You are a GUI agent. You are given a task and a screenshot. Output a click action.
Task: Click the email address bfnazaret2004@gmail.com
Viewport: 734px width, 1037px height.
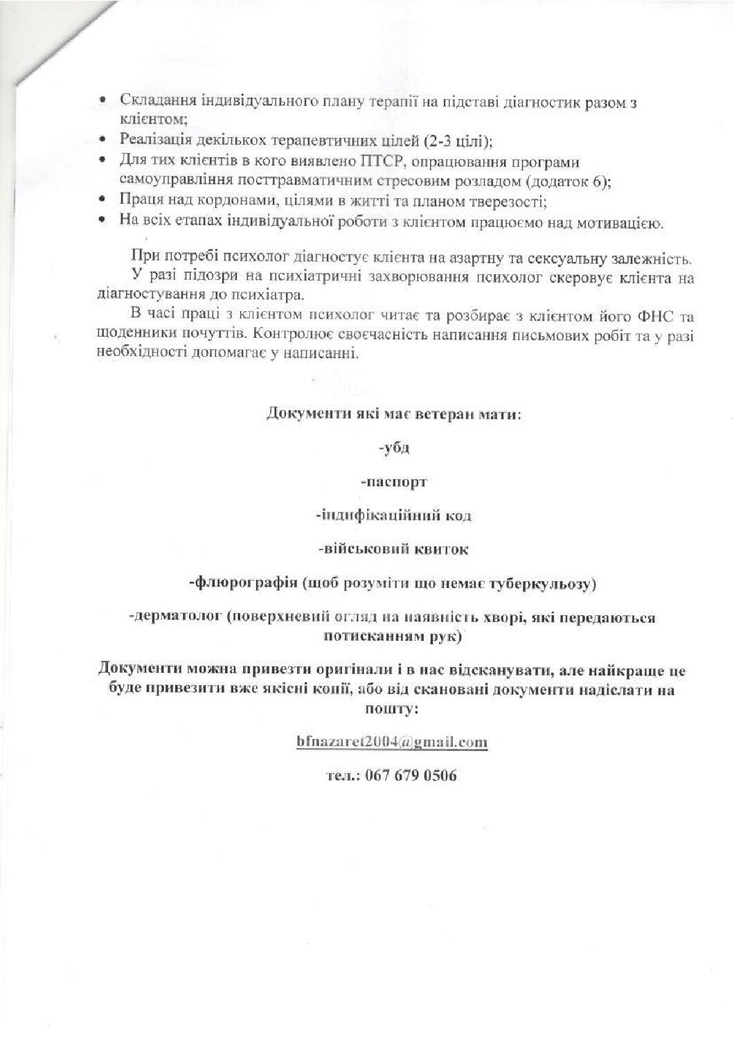pyautogui.click(x=391, y=742)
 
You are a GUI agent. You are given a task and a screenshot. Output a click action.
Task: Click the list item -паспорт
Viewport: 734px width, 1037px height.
pyautogui.click(x=394, y=481)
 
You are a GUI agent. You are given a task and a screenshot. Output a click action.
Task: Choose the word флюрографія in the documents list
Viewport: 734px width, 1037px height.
pyautogui.click(x=244, y=583)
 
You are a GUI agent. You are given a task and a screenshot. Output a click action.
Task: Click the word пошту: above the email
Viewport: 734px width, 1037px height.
pyautogui.click(x=391, y=709)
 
